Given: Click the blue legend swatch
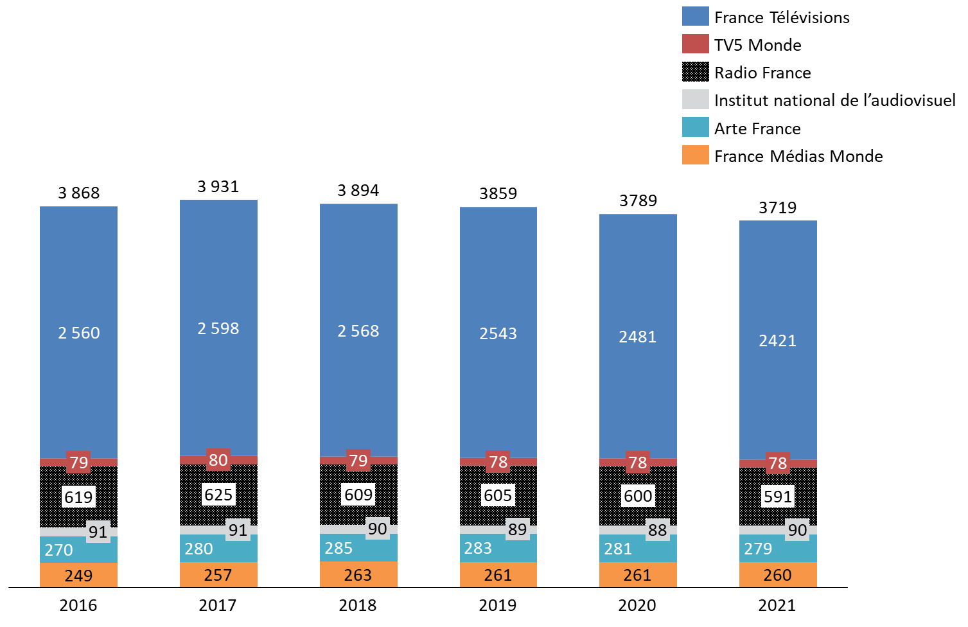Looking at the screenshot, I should pos(695,16).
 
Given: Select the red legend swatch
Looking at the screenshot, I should pos(695,44).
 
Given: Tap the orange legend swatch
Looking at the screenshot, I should pos(695,155).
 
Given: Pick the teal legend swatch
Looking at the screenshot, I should pos(695,127).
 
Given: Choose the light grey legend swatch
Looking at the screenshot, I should pos(695,99).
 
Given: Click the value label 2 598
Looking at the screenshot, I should pos(218,328).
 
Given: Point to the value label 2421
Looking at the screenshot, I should pos(777,340).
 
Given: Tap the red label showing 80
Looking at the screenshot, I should pos(218,460).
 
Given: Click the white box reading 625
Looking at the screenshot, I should pos(218,495).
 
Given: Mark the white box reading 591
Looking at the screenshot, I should pos(777,497).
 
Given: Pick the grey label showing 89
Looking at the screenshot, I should pos(517,529).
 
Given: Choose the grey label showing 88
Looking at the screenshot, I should pos(657,530).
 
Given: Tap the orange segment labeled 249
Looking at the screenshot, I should pos(78,576).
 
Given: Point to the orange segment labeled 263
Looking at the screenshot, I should pos(358,575).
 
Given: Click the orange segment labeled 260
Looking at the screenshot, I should pos(777,575).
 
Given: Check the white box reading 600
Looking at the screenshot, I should pos(638,496).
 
